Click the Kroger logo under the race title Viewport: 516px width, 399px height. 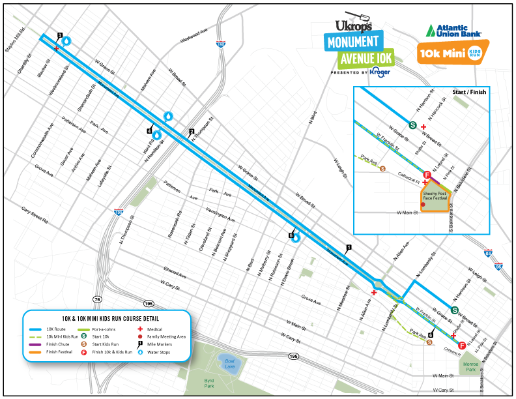380,72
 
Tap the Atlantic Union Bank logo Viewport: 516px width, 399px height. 455,30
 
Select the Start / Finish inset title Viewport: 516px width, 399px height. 469,92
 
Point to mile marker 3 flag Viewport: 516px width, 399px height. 59,36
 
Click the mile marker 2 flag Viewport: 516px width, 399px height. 191,132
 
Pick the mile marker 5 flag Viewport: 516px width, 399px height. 291,234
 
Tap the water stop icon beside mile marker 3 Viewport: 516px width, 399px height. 66,40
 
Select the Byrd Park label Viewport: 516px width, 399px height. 208,383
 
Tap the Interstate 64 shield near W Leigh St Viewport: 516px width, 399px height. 489,252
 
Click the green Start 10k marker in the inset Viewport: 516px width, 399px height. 412,126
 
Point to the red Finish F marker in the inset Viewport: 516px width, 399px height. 427,175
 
